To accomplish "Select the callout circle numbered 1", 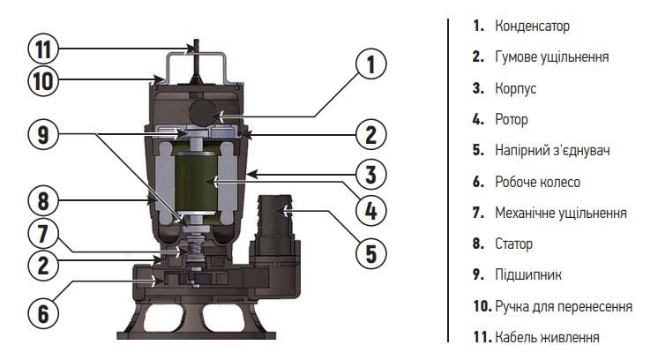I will coord(370,64).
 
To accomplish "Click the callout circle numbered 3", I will coord(370,172).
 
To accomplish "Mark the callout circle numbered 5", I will coord(370,252).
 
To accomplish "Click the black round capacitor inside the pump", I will coord(201,109).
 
